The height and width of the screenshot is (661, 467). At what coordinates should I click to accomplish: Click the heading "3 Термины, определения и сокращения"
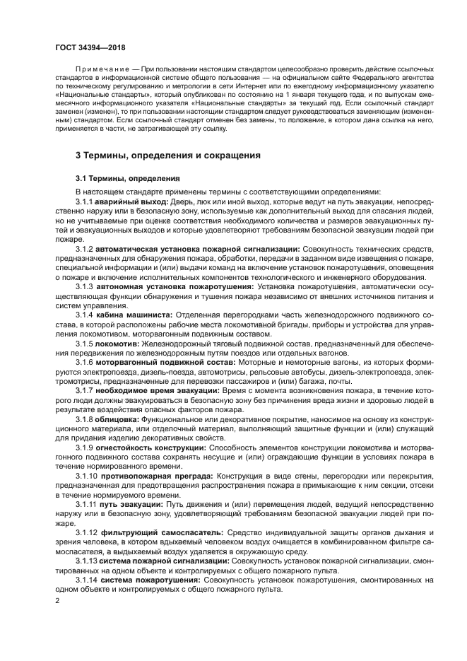(168, 155)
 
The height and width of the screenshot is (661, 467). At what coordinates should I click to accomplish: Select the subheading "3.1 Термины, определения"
(127, 178)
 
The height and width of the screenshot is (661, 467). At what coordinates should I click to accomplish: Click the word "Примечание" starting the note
(101, 68)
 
